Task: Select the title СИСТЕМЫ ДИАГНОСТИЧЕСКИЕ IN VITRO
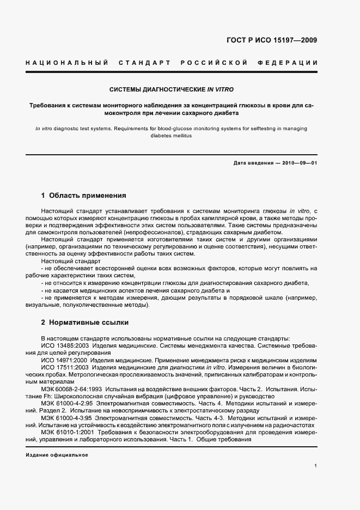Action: coord(172,89)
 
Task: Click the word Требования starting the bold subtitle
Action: coord(48,105)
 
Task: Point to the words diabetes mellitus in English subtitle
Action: coord(172,136)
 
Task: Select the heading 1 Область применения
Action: coord(84,195)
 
